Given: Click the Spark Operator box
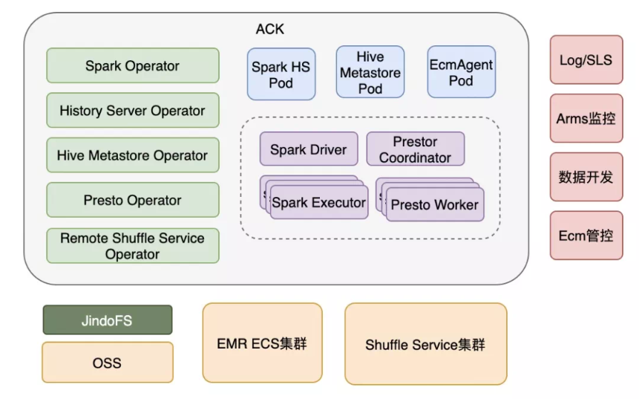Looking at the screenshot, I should pos(133,65).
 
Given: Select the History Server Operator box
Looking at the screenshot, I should pos(133,111).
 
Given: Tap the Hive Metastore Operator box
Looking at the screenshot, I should pos(133,155).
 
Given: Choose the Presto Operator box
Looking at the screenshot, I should pos(133,200).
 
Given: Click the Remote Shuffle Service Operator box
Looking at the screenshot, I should pos(133,246).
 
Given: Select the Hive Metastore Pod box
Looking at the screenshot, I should pos(370,72).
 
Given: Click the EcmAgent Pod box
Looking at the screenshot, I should pos(461,72).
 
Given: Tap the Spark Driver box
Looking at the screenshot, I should pos(309,149).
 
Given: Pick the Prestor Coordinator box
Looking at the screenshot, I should pos(416,149).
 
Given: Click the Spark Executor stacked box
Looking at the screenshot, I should pos(318,202).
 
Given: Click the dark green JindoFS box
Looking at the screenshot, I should pos(108,320).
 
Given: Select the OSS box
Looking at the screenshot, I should pos(108,363).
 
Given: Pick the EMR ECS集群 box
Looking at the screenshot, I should pos(263,343).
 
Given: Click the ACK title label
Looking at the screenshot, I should pos(270,29).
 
